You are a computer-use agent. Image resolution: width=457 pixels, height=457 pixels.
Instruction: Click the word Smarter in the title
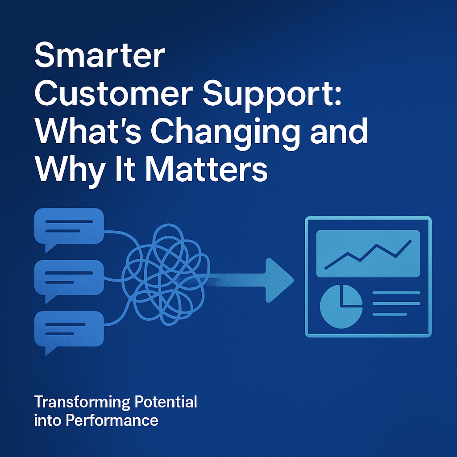point(100,55)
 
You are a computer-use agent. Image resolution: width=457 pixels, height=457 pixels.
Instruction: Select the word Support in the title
point(266,96)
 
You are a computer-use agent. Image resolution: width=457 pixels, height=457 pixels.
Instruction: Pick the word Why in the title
point(70,172)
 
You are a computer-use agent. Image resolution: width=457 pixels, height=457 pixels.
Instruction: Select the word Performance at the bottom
point(112,420)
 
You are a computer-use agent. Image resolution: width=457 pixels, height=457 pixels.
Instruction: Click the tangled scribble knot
point(166,274)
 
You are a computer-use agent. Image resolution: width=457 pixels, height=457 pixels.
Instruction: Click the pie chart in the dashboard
point(341,306)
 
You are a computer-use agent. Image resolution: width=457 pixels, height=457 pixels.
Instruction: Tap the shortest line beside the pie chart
point(390,314)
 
